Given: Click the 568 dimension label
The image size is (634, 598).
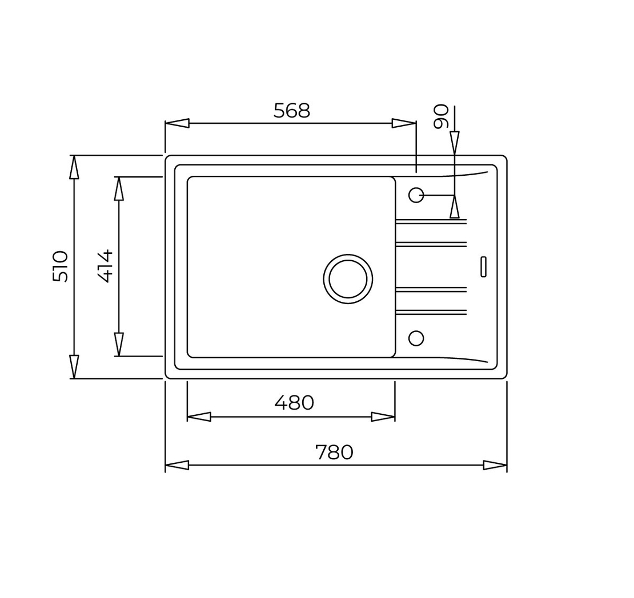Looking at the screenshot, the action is pos(291,110).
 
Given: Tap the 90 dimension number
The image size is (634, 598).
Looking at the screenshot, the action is pos(441,116).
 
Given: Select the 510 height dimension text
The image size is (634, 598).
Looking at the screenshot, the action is pos(60,266).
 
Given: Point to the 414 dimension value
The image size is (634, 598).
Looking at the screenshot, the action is pos(105,266).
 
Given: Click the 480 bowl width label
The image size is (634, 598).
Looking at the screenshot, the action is pos(294,402).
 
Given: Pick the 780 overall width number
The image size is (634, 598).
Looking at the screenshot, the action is pos(334,452).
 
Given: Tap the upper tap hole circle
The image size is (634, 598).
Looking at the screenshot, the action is pos(416,195).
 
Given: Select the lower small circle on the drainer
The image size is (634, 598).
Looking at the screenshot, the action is pos(416,338).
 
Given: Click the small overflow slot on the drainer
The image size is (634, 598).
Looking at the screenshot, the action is pos(483,266).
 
